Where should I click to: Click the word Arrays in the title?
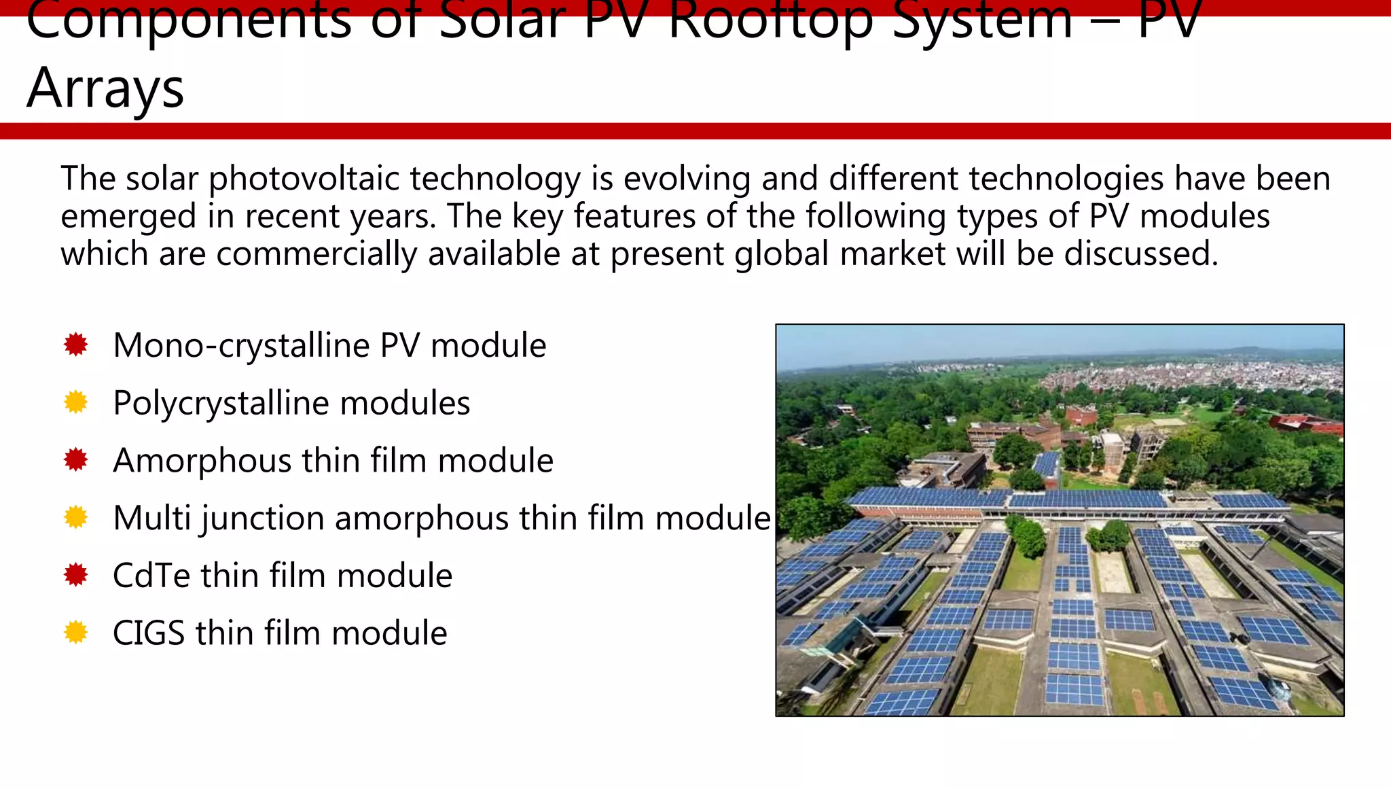coord(105,88)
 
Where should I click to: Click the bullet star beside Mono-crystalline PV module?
coord(76,345)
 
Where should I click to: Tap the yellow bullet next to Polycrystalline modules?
coord(76,402)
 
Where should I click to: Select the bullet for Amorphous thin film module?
coord(76,460)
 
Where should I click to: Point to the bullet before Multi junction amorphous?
coord(76,518)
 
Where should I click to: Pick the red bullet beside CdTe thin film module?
coord(76,576)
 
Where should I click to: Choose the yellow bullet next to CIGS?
coord(76,633)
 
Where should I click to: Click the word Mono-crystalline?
coord(241,346)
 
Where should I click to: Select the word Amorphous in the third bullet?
coord(202,461)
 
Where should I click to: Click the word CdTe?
coord(151,576)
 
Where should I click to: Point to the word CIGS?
coord(148,633)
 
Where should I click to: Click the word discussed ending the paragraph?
coord(1141,253)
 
